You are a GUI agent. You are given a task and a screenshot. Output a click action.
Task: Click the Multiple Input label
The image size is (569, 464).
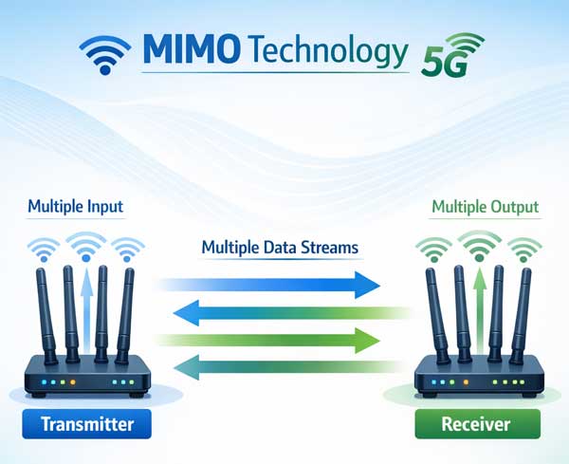75,206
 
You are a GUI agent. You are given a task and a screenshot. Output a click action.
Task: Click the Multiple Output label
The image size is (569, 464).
485,206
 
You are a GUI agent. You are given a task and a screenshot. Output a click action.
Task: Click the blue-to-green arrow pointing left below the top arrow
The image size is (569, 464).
284,310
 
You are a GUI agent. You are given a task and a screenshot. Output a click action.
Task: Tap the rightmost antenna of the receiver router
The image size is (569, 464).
523,309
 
